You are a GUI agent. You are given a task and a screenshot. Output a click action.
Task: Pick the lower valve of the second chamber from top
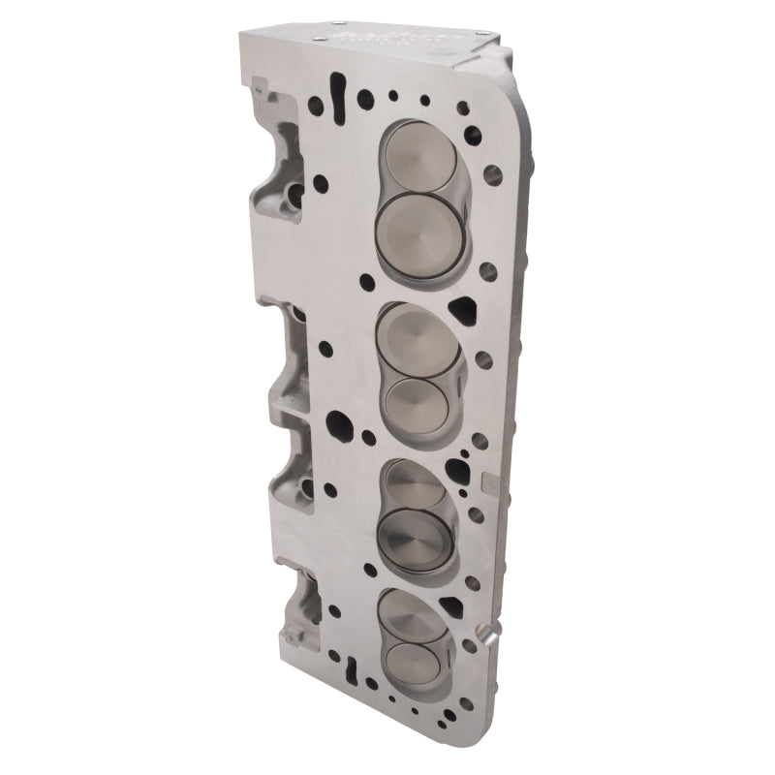[415, 399]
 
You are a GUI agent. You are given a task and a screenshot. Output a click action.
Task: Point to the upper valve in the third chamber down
[415, 480]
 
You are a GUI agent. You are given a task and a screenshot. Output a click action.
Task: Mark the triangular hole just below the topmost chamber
[464, 311]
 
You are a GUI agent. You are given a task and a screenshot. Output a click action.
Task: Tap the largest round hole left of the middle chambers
[339, 423]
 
